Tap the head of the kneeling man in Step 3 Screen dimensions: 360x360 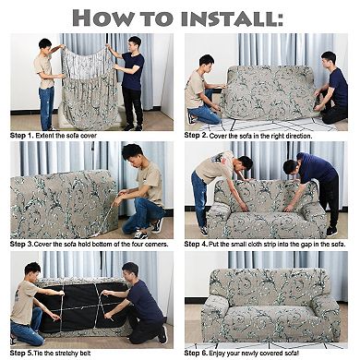pos(132,154)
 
